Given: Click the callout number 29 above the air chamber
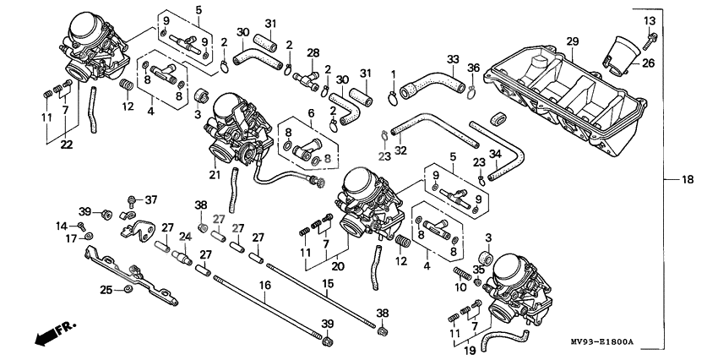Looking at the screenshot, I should click(572, 42).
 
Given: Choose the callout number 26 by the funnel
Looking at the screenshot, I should click(648, 62).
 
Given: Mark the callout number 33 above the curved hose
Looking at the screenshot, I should click(453, 59).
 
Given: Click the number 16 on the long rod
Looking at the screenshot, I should click(264, 286).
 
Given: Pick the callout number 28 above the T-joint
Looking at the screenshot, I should click(313, 53).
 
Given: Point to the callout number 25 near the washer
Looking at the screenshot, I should click(106, 290).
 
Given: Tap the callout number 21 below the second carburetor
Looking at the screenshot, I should click(214, 175).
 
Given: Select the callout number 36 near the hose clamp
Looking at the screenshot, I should click(473, 68).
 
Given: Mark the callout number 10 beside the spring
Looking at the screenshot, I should click(461, 287).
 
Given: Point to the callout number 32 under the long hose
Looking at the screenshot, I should click(400, 150).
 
